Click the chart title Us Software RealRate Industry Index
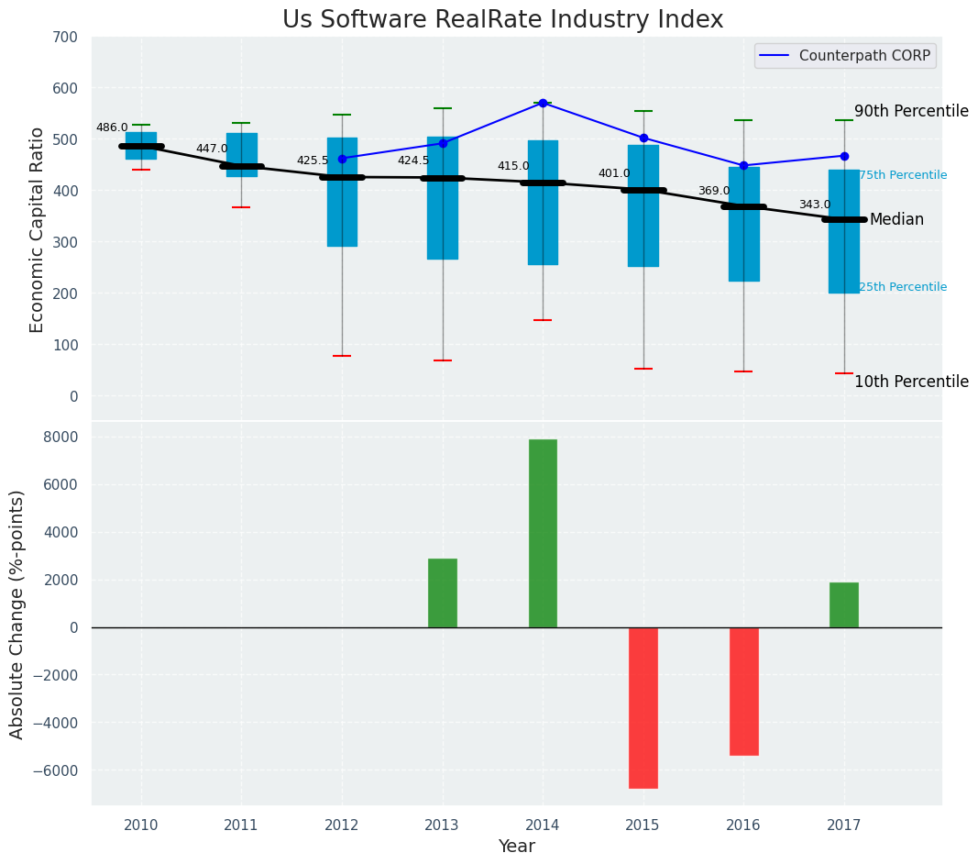click(502, 20)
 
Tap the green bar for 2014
click(543, 533)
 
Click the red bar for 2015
click(643, 707)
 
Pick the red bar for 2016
click(743, 691)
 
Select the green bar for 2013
click(442, 593)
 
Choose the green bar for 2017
click(843, 604)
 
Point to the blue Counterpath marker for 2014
click(543, 103)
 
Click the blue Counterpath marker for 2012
click(342, 159)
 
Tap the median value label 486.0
click(112, 127)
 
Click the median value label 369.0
click(714, 191)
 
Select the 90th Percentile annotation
click(911, 111)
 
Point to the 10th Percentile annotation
click(911, 382)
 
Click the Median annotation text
click(896, 219)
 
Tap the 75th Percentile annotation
click(903, 175)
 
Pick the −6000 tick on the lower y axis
click(57, 770)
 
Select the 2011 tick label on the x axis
click(241, 825)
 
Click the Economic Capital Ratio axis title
click(38, 229)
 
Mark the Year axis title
click(516, 847)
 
